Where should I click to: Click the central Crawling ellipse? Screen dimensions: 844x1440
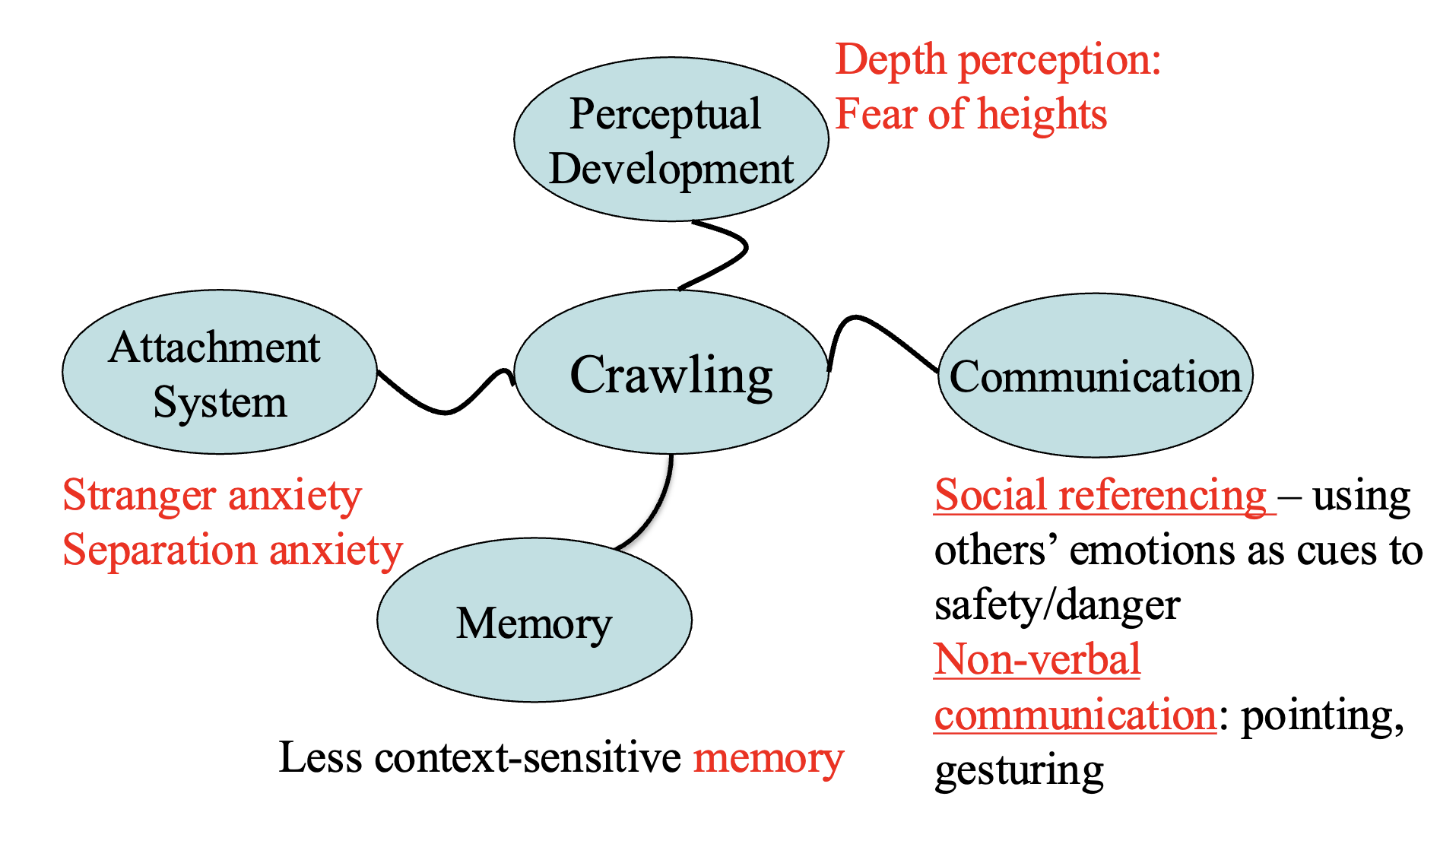tap(671, 373)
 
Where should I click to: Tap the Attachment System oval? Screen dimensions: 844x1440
tap(219, 373)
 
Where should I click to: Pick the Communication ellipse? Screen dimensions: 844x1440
tap(1095, 376)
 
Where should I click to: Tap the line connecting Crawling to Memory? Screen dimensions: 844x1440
tap(658, 509)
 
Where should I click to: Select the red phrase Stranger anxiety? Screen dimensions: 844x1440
tap(211, 496)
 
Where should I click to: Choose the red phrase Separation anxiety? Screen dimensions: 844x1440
tap(232, 551)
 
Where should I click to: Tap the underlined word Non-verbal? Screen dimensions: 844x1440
tap(1037, 659)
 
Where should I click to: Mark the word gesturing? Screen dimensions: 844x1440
tap(1019, 769)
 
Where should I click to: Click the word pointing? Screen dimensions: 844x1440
tap(1321, 715)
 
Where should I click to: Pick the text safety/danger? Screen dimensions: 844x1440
tap(1057, 605)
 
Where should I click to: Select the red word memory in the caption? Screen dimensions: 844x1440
tap(768, 758)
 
